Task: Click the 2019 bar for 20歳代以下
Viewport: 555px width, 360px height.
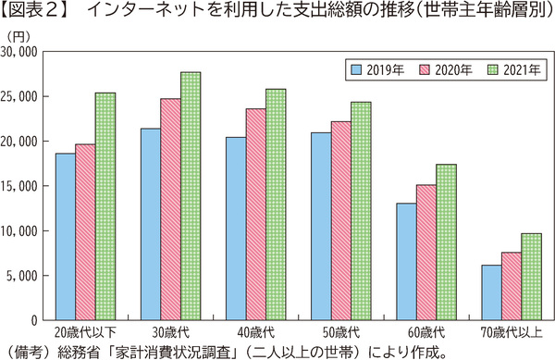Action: click(x=65, y=236)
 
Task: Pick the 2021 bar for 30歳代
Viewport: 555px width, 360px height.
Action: click(x=191, y=195)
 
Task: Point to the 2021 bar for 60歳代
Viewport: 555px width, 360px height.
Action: click(x=445, y=242)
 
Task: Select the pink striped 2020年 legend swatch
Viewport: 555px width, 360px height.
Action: click(x=425, y=69)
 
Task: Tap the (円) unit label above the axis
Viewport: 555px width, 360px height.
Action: click(x=18, y=35)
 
